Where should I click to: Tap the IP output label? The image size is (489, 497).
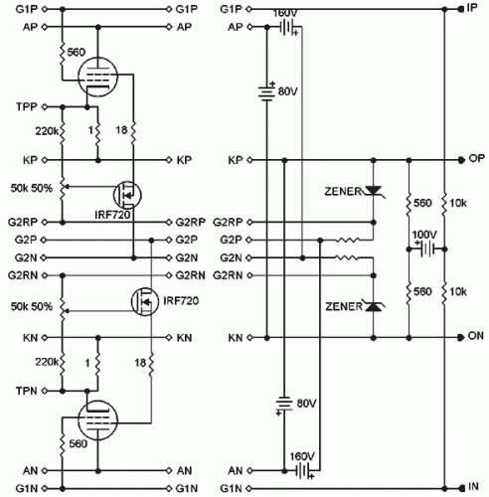473,8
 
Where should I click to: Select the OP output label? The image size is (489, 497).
475,159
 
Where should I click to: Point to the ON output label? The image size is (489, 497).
475,337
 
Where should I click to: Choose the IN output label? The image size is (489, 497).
473,488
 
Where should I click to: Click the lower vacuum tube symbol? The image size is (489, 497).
96,422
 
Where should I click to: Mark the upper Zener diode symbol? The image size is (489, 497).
374,190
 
